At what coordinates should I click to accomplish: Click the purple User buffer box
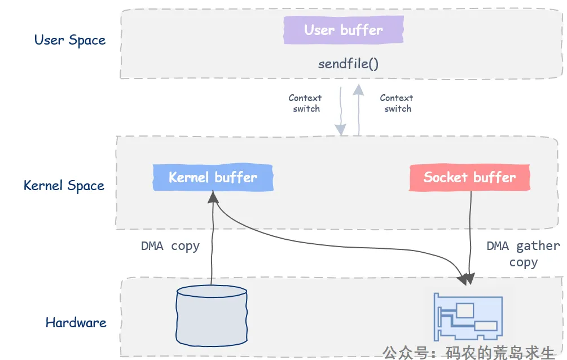tap(344, 30)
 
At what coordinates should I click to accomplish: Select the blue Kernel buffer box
tap(213, 177)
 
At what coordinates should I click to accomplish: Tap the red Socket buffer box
tap(470, 177)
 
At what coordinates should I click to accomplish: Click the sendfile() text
tap(348, 64)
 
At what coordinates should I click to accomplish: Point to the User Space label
tap(70, 40)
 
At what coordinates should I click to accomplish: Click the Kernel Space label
tap(64, 186)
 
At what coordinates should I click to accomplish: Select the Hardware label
tap(76, 322)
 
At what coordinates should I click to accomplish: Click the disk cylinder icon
tap(212, 315)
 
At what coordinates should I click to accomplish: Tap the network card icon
tap(468, 317)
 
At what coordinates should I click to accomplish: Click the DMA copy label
tap(170, 246)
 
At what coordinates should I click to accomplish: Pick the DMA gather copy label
tap(523, 254)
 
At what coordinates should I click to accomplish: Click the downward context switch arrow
tap(340, 111)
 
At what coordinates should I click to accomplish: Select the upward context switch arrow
tap(358, 110)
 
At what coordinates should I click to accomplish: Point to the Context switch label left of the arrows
tap(305, 103)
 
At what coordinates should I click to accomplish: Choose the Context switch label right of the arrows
tap(397, 103)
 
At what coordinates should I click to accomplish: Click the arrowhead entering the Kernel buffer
tap(213, 197)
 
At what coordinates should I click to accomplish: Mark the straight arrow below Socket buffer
tap(470, 237)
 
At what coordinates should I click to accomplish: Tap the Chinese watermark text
tap(468, 353)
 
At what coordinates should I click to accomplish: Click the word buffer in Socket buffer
tap(495, 177)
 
